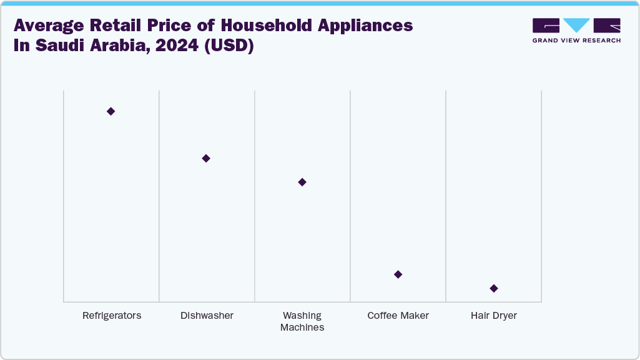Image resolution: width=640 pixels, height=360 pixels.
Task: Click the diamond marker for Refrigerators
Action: coord(111,111)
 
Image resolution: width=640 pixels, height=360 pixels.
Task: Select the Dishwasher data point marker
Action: coord(206,158)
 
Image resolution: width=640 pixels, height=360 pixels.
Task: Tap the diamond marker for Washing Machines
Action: coord(302,182)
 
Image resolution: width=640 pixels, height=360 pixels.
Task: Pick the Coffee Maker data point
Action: coord(398,275)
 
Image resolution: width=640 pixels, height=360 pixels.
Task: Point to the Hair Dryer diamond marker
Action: coord(494,288)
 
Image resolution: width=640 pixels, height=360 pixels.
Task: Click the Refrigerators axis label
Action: coord(112,316)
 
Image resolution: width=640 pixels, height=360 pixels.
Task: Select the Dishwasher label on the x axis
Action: coord(207,316)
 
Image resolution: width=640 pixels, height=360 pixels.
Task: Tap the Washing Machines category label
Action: coord(302,321)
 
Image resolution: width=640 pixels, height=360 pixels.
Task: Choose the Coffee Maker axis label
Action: coord(398,316)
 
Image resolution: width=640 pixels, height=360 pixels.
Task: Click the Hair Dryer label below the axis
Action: coord(494,316)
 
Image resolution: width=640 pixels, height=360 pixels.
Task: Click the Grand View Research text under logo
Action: coord(576,41)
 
